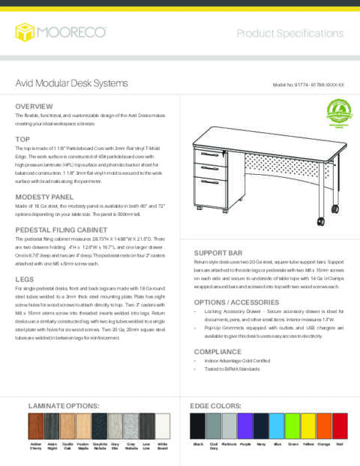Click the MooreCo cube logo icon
tap(25, 32)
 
